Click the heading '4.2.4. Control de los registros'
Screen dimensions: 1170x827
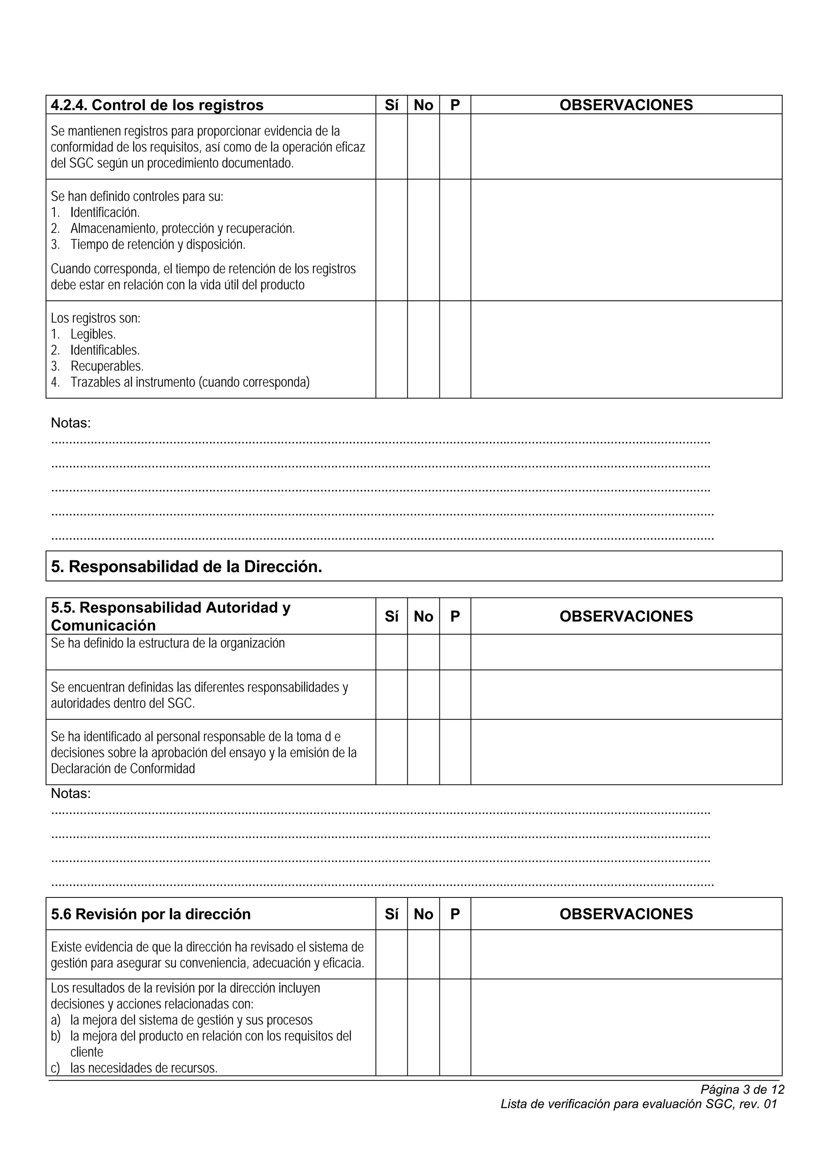pyautogui.click(x=157, y=105)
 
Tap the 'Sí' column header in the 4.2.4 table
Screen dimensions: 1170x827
pyautogui.click(x=391, y=105)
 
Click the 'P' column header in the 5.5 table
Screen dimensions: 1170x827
pyautogui.click(x=455, y=616)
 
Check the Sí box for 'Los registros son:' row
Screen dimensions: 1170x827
pyautogui.click(x=391, y=350)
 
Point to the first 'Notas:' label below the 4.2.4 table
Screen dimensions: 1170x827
pyautogui.click(x=71, y=423)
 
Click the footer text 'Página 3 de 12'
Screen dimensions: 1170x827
pyautogui.click(x=742, y=1090)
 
